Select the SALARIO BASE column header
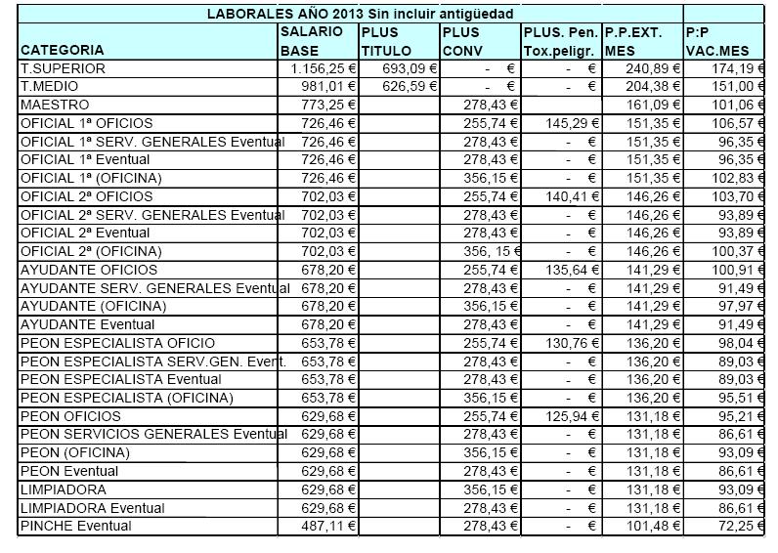tap(312, 41)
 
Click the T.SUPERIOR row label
tap(63, 68)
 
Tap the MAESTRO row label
tap(55, 105)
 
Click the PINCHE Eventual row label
tap(75, 527)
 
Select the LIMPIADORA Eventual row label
tap(92, 508)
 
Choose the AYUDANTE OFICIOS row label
tap(88, 270)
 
